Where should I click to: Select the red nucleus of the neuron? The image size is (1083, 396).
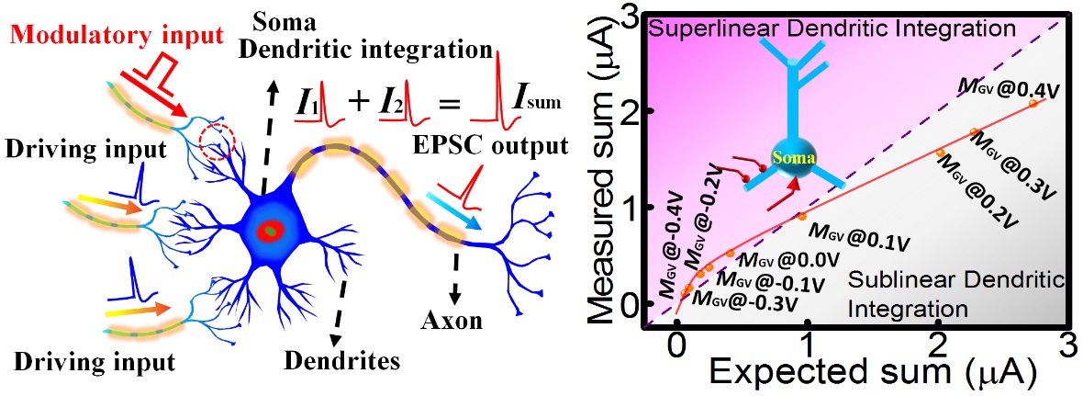pyautogui.click(x=271, y=230)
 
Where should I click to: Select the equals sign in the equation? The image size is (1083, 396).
pyautogui.click(x=448, y=102)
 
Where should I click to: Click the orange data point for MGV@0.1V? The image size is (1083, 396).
pyautogui.click(x=802, y=216)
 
